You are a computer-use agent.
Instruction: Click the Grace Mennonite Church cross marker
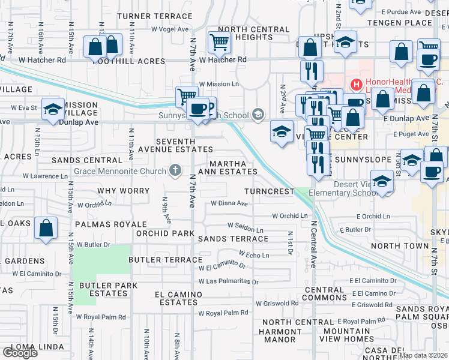[x=175, y=171]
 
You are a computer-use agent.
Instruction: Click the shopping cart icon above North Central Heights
[x=220, y=42]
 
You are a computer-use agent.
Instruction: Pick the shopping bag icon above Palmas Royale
[x=46, y=229]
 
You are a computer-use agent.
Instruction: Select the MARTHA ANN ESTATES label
[x=233, y=167]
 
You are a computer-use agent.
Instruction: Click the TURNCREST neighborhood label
[x=270, y=191]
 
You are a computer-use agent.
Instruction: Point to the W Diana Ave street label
[x=229, y=203]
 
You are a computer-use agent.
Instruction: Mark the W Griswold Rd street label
[x=278, y=304]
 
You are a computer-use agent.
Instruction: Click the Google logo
[x=20, y=353]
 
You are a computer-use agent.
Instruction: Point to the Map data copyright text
[x=423, y=355]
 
